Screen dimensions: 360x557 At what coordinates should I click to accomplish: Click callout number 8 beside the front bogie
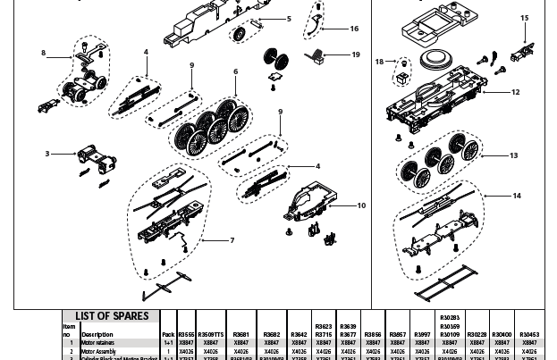[43, 54]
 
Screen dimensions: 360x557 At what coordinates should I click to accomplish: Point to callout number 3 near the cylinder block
[47, 154]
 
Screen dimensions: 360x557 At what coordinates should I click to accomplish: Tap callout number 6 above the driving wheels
[235, 72]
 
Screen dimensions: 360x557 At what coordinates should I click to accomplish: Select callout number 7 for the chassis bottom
[232, 240]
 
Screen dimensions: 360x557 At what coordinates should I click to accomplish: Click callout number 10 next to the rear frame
[361, 205]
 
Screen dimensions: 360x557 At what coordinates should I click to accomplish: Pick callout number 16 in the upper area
[354, 29]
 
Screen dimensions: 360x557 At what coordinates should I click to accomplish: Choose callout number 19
[356, 55]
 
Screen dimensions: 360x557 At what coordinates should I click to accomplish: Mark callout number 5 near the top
[289, 19]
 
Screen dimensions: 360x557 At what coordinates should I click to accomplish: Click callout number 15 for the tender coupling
[525, 18]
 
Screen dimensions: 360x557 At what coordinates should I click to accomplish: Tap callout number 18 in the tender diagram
[380, 62]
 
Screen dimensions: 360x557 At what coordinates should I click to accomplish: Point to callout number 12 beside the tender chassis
[515, 92]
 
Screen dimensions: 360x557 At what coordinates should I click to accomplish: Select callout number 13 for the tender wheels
[513, 155]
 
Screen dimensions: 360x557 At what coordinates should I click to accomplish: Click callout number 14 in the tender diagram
[517, 196]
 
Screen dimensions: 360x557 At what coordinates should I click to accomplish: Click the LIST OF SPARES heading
[110, 315]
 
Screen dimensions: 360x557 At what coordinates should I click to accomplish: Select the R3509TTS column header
[212, 334]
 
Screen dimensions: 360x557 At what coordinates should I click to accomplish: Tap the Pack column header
[168, 334]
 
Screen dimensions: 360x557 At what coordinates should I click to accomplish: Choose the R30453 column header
[529, 334]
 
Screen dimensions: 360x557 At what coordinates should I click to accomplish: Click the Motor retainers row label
[97, 342]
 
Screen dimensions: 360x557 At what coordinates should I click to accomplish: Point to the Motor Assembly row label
[97, 352]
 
